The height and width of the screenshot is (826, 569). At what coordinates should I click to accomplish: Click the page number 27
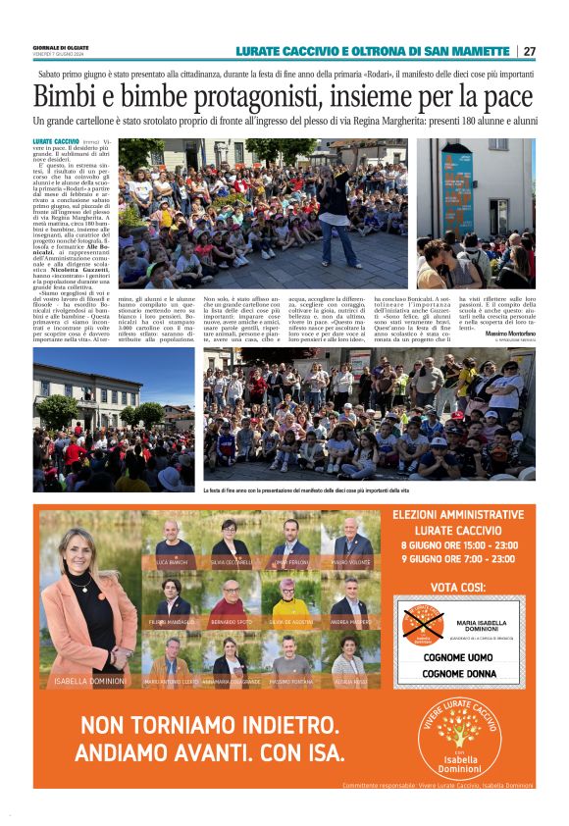[529, 51]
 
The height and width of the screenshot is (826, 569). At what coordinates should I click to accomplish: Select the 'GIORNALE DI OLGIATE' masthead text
[62, 47]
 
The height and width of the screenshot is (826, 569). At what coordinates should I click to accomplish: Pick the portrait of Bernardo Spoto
[231, 600]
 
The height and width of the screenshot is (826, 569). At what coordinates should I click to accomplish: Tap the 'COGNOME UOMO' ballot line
[456, 658]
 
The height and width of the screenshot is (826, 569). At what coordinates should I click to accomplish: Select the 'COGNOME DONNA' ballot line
[457, 674]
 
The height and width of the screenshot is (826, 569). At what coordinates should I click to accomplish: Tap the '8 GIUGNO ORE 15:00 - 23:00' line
[457, 544]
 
